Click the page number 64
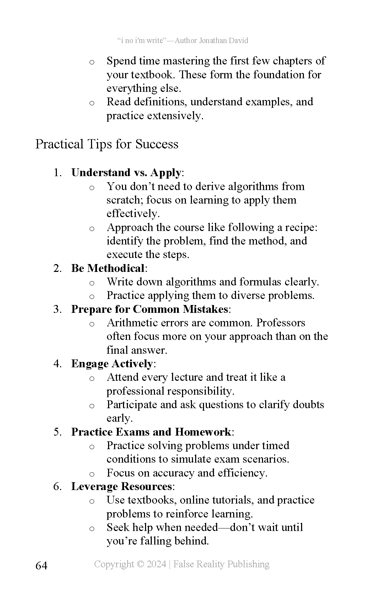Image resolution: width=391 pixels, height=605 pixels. tap(41, 565)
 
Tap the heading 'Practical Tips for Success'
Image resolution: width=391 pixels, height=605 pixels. tap(107, 144)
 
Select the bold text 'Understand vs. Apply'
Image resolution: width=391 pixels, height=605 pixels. tap(126, 173)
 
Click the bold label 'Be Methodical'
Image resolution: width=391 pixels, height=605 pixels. tap(108, 268)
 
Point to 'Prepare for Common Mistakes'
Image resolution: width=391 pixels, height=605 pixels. tap(149, 309)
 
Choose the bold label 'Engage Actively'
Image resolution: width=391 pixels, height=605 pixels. tap(112, 363)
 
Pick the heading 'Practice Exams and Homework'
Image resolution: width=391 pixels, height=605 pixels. tap(151, 432)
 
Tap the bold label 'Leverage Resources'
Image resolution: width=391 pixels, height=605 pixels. tap(122, 486)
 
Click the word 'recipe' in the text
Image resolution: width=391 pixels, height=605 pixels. tap(302, 227)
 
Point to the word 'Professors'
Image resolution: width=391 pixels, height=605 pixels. tap(281, 323)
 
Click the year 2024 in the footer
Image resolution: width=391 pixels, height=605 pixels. tap(156, 564)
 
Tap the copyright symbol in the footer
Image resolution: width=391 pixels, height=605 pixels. tap(140, 564)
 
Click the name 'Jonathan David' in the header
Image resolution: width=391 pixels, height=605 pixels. tap(224, 41)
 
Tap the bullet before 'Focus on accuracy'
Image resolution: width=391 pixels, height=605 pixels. tap(92, 474)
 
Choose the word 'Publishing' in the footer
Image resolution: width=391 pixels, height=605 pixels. tap(248, 564)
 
